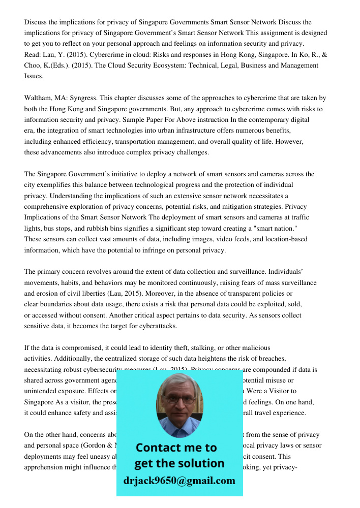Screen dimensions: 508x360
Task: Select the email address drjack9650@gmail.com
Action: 179,481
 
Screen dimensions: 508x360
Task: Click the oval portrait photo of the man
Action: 179,405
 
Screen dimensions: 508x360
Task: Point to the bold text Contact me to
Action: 176,448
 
